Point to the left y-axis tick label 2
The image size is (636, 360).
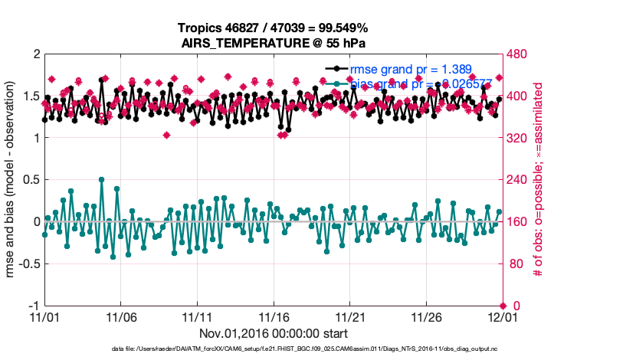tap(36, 54)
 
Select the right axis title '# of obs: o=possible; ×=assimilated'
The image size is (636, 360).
tap(539, 180)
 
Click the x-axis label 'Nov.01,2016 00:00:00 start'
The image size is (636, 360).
tap(273, 333)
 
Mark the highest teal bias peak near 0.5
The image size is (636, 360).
tap(101, 179)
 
